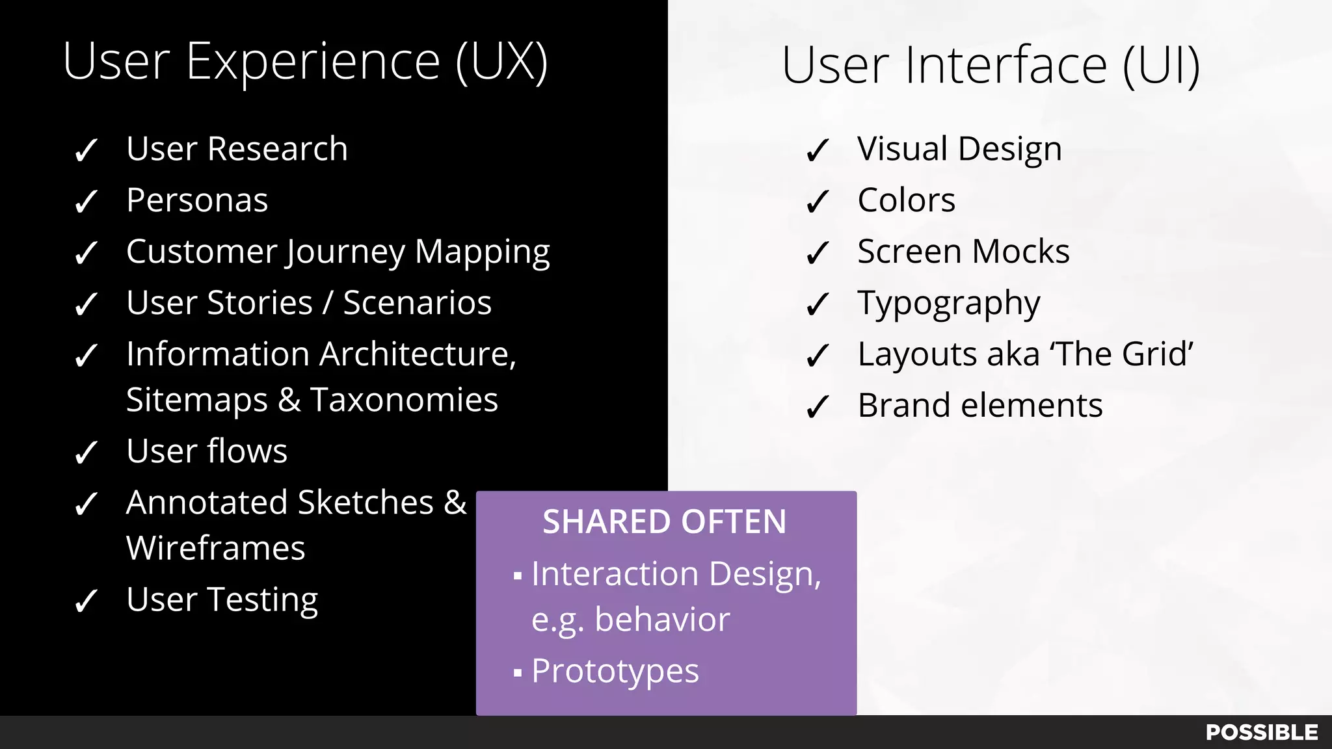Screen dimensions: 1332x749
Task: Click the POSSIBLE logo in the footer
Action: pyautogui.click(x=1261, y=732)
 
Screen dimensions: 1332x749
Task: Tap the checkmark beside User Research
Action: pyautogui.click(x=87, y=150)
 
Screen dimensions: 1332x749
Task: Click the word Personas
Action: pyautogui.click(x=197, y=200)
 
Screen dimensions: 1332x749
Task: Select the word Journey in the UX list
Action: pyautogui.click(x=345, y=252)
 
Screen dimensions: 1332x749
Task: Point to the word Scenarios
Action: pyautogui.click(x=417, y=303)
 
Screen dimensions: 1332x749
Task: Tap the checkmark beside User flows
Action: pyautogui.click(x=87, y=453)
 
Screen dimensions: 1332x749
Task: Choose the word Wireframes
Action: pyautogui.click(x=215, y=548)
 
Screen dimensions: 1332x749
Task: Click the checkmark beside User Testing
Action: pyautogui.click(x=87, y=601)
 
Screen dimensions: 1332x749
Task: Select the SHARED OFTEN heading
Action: pyautogui.click(x=664, y=521)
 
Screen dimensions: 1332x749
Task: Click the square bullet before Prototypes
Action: pyautogui.click(x=518, y=672)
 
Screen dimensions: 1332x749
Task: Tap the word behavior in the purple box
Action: pyautogui.click(x=662, y=619)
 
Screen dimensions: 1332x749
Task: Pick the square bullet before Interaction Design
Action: pyautogui.click(x=518, y=575)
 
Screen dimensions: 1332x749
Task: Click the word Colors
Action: pyautogui.click(x=906, y=200)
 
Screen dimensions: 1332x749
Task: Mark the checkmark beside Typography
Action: pyautogui.click(x=818, y=304)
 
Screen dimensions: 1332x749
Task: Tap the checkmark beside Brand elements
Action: pyautogui.click(x=818, y=407)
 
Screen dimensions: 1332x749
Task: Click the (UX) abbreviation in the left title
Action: pyautogui.click(x=501, y=61)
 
